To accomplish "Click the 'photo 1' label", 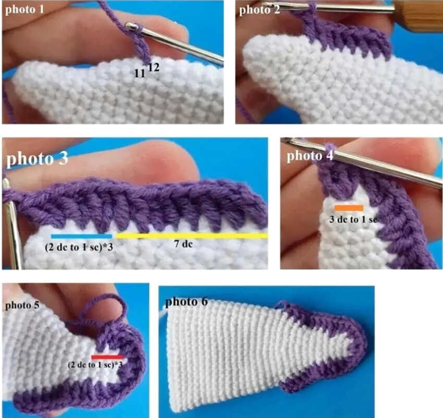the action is click(24, 9).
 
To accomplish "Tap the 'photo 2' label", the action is click(260, 10).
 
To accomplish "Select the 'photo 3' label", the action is click(37, 159).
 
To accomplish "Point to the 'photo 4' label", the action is click(310, 156).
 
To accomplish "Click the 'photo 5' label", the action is click(22, 305).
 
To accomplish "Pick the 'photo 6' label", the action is click(187, 302).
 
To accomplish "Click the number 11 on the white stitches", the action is click(140, 74).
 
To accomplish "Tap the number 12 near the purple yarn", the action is click(154, 67).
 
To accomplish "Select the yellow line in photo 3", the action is click(192, 235).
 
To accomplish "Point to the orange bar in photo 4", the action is click(349, 208).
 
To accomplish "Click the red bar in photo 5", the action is click(107, 357).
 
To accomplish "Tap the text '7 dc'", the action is click(183, 244).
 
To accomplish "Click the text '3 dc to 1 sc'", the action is click(353, 220).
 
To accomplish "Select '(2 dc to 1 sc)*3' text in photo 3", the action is click(79, 247).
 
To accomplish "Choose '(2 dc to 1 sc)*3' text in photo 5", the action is click(95, 365).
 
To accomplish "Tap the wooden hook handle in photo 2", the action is click(418, 15).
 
